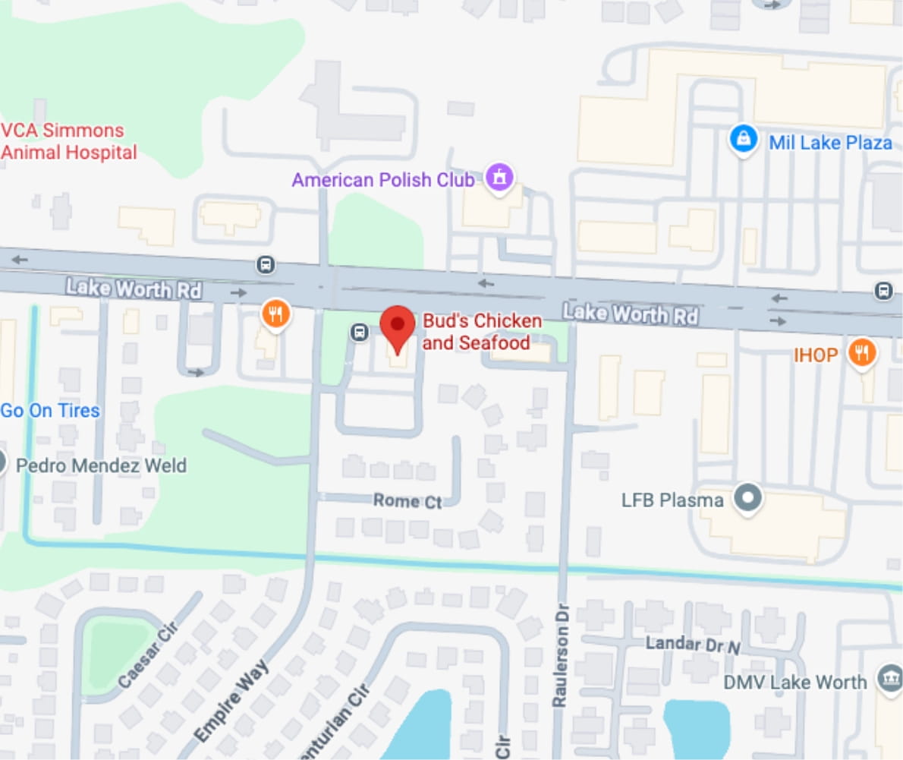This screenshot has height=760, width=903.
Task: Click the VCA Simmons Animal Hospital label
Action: coord(68,141)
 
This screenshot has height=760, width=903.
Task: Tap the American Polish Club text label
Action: coord(383,180)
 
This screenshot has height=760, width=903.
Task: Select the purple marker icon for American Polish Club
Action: coord(499,178)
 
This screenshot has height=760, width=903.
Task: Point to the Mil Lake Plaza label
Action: coord(830,142)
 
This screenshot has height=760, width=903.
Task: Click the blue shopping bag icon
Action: coord(744,139)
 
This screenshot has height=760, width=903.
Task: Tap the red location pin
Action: coord(397,326)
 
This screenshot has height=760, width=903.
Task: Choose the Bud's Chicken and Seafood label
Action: coord(482,332)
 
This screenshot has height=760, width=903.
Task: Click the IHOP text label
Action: coord(816,355)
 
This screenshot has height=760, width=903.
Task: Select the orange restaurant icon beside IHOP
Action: coord(861,353)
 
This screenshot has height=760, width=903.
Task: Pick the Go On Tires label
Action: coord(50,411)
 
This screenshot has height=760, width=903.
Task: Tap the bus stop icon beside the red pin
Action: coord(360,332)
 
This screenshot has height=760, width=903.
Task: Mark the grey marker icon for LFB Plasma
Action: coord(750,499)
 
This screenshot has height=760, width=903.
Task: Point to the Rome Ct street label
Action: coord(407,501)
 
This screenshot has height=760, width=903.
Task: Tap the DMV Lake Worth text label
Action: coord(794,682)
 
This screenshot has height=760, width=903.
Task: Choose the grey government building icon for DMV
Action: coord(889,679)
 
